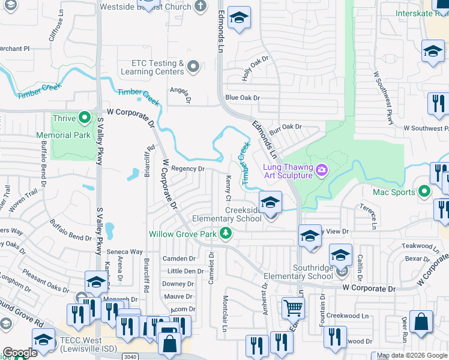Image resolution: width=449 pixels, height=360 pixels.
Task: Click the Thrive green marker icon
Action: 85,118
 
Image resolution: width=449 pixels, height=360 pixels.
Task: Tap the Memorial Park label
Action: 63,136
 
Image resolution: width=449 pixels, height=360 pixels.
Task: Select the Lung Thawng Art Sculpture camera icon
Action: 322,170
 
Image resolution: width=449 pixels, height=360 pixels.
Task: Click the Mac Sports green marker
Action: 424,192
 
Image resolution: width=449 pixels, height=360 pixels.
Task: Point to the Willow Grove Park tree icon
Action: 225,233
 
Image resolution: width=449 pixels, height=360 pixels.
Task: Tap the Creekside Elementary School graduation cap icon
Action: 270,203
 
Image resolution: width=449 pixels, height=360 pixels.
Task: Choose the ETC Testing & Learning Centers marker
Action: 193,67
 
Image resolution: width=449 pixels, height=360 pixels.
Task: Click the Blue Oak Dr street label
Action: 242,97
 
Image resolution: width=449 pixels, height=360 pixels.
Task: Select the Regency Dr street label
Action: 187,169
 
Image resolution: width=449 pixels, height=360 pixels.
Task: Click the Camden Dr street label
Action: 179,259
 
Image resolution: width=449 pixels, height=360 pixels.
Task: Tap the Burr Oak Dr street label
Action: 285,127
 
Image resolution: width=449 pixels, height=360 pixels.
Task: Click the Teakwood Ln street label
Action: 417,246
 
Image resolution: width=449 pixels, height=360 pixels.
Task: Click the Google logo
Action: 19,353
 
